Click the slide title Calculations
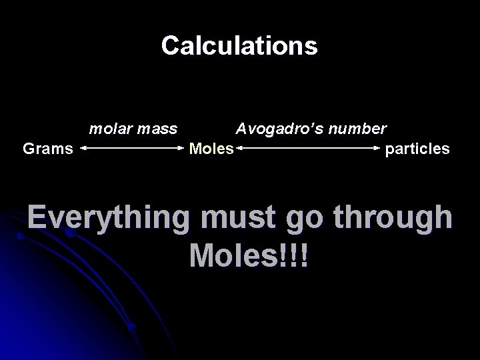coord(239,45)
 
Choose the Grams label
coord(48,148)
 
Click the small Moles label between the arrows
coord(211,148)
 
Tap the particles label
coord(417,148)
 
